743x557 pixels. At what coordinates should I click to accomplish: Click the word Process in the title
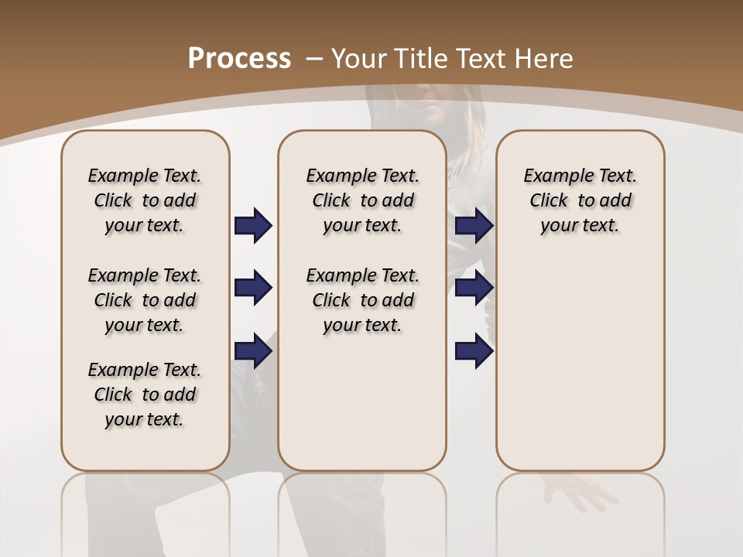click(x=239, y=58)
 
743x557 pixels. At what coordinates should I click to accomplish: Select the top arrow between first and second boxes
click(x=253, y=226)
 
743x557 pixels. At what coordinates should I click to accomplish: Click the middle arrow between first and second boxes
click(x=253, y=288)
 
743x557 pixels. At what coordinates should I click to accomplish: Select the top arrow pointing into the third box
click(x=474, y=226)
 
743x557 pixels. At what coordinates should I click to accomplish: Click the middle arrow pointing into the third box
click(x=474, y=288)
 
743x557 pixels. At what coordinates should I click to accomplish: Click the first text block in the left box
click(x=145, y=200)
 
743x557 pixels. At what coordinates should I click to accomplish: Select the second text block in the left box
click(x=145, y=300)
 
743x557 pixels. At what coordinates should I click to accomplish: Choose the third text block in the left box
click(x=145, y=395)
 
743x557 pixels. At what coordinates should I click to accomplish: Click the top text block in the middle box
click(x=362, y=200)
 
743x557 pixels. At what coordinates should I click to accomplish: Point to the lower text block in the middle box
click(x=362, y=300)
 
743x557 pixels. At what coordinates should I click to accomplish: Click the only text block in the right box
click(x=580, y=200)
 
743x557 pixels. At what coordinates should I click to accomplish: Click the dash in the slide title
click(x=314, y=58)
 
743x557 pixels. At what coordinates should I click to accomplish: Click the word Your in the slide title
click(x=359, y=58)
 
